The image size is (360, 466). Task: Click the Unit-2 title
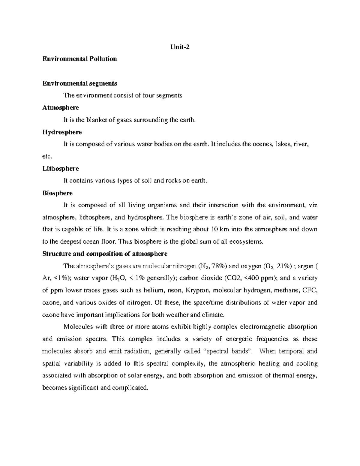click(180, 47)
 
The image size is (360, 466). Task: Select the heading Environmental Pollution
click(79, 59)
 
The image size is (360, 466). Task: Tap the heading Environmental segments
click(79, 83)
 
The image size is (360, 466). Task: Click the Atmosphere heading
click(61, 107)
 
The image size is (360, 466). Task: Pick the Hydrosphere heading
click(62, 132)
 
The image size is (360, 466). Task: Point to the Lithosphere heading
click(61, 168)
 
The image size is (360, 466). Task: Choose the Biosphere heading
click(57, 193)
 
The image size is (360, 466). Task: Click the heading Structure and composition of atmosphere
click(105, 254)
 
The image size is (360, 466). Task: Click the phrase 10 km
click(219, 230)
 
